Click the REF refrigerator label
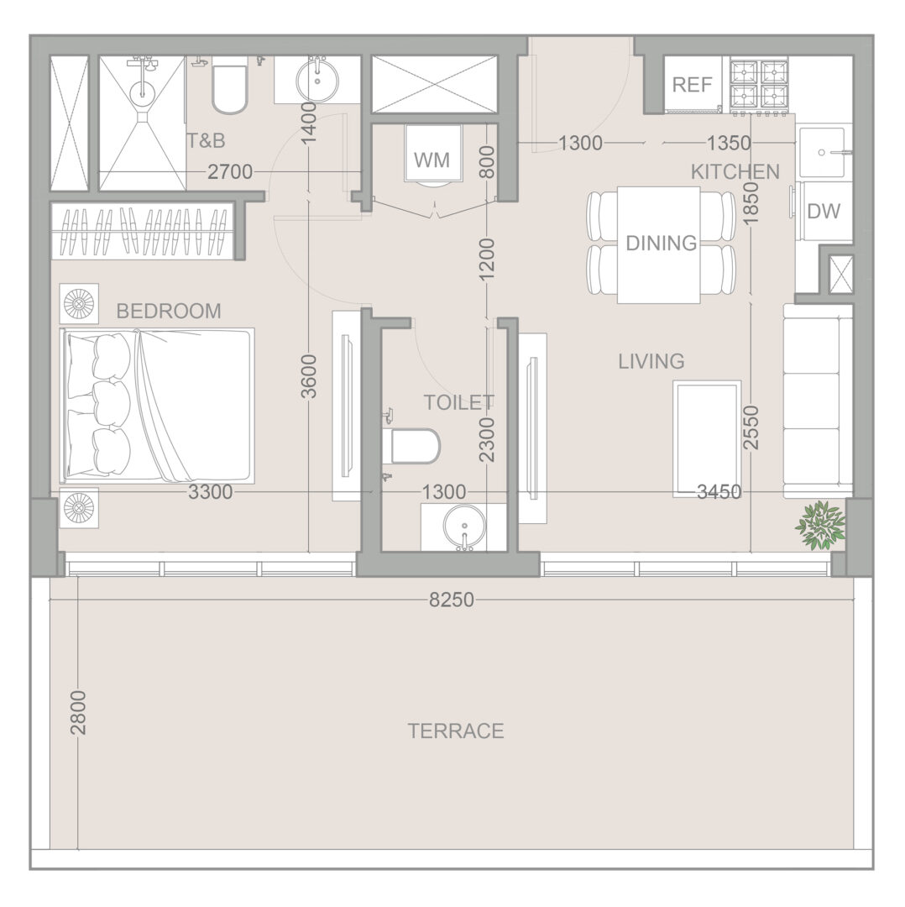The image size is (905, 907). tap(693, 85)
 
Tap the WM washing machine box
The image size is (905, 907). tap(433, 154)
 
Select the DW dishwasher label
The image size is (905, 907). tap(824, 212)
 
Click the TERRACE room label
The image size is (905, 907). tap(456, 731)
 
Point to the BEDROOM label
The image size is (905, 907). tap(169, 312)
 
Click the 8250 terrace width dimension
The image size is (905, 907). tap(452, 600)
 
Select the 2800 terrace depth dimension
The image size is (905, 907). tap(78, 712)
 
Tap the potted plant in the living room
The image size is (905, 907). tap(821, 525)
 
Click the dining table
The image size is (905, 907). tap(659, 244)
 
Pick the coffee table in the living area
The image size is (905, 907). tap(707, 438)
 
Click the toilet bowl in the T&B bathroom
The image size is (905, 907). tap(229, 85)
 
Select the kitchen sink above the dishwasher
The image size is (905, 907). tap(822, 152)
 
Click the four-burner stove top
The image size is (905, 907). tap(759, 85)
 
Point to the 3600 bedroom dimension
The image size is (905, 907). tap(310, 376)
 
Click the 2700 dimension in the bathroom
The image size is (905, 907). tap(230, 172)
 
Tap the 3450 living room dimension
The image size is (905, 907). tap(719, 491)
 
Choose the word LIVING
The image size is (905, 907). tap(651, 361)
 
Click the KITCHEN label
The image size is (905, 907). tap(735, 172)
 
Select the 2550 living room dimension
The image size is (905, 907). tap(750, 427)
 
